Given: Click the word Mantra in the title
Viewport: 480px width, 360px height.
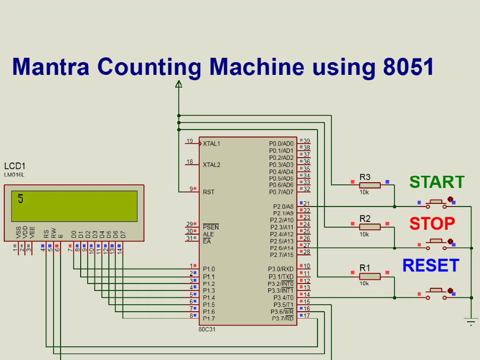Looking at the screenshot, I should point(50,67).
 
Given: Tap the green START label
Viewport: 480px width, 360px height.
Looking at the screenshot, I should point(436,182).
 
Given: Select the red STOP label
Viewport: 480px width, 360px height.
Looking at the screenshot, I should point(432,224).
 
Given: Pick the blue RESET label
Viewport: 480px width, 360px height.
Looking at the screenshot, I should point(430,265).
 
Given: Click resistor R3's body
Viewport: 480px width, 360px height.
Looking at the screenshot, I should point(370,185).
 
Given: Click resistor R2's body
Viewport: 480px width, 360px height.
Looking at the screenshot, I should point(370,227).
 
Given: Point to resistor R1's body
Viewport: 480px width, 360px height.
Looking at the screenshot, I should point(370,276).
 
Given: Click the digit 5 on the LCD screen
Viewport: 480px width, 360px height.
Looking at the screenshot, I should point(21,199).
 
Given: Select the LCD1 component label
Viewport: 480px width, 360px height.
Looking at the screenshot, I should point(14,166).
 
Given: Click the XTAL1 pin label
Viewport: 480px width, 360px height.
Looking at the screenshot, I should point(211,143).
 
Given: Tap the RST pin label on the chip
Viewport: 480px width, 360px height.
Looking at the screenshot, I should point(208,192).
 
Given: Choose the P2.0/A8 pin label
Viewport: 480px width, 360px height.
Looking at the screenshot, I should point(281,206).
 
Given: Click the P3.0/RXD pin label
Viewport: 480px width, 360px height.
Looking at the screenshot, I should point(280,269).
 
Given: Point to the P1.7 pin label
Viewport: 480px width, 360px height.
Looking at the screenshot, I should point(209,319).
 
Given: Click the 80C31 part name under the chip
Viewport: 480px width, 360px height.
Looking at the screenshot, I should point(207,329).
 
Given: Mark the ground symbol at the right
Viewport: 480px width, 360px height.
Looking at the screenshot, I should point(470,320).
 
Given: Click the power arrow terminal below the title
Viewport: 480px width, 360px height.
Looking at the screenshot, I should point(179,83).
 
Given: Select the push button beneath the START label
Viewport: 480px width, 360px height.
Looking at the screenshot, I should point(436,202).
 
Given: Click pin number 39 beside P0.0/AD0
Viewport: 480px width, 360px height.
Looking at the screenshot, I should point(306,141).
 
